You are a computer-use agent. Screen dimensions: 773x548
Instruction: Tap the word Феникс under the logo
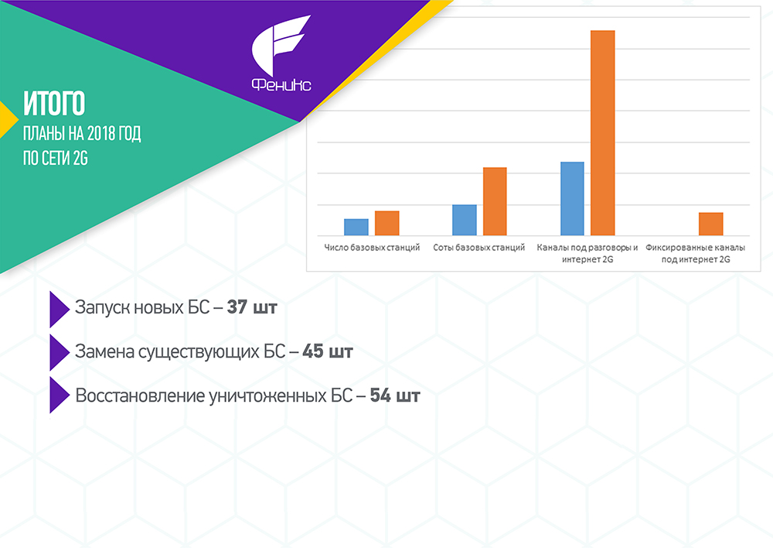tap(281, 84)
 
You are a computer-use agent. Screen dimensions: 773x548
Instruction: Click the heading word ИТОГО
tap(54, 103)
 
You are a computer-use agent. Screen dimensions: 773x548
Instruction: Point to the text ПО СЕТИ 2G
tap(55, 158)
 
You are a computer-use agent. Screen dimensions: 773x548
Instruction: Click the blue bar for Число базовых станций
tap(356, 227)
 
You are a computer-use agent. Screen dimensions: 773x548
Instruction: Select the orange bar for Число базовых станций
tap(387, 223)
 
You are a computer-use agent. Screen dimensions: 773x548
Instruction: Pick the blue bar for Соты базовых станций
tap(465, 220)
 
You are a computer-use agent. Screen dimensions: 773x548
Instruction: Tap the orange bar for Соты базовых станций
tap(495, 201)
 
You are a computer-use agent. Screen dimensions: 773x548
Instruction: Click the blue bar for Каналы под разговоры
tap(572, 198)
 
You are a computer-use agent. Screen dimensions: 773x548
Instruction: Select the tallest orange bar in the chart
tap(603, 133)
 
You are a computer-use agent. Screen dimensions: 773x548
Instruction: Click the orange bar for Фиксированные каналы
tap(711, 224)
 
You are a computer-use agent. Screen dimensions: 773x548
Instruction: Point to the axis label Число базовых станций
tap(372, 248)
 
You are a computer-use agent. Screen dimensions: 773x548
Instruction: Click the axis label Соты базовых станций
tap(479, 248)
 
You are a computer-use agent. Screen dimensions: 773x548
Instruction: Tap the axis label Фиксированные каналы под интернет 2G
tap(696, 253)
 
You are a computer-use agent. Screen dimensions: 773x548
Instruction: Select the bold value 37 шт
tap(252, 307)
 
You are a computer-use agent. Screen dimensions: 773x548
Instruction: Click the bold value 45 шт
tap(328, 351)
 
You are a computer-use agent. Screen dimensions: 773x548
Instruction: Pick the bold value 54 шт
tap(395, 396)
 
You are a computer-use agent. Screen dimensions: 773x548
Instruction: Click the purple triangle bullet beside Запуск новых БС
tap(60, 309)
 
